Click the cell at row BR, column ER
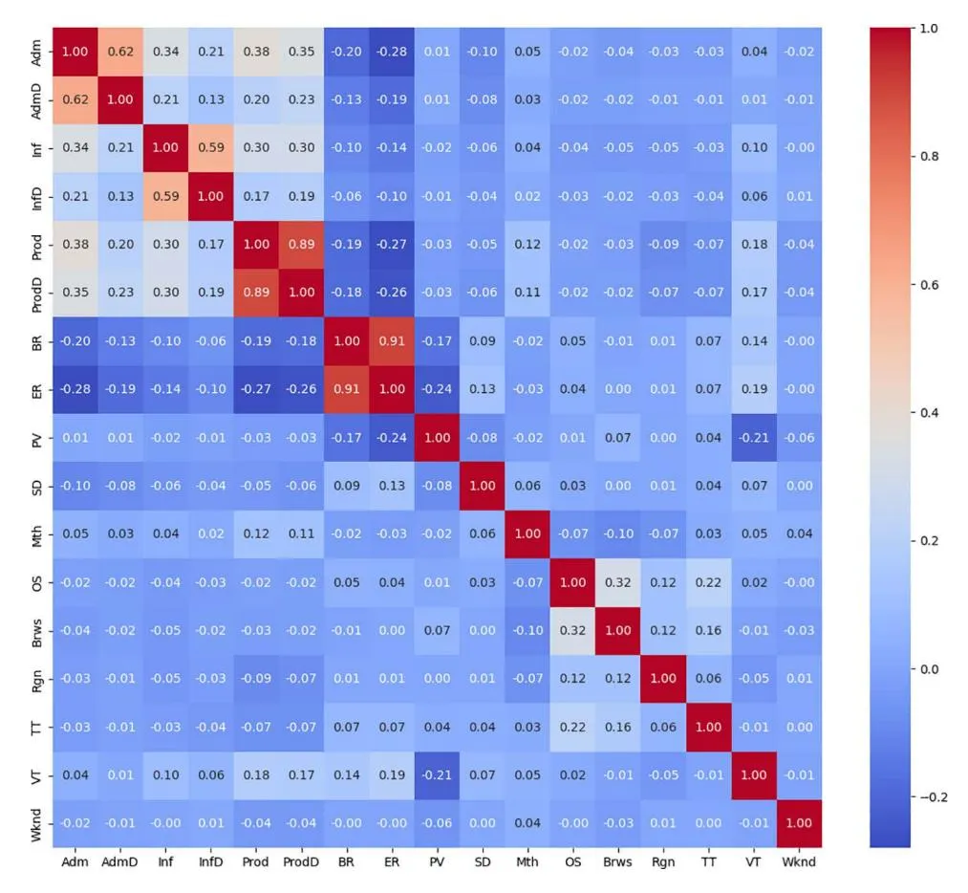coord(392,341)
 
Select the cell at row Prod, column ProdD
coord(302,245)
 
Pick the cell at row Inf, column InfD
coord(211,148)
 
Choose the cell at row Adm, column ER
coord(392,52)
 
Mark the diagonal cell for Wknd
coord(798,823)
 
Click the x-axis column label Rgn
coord(662,861)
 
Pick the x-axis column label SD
coord(482,861)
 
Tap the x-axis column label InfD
coord(211,861)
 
